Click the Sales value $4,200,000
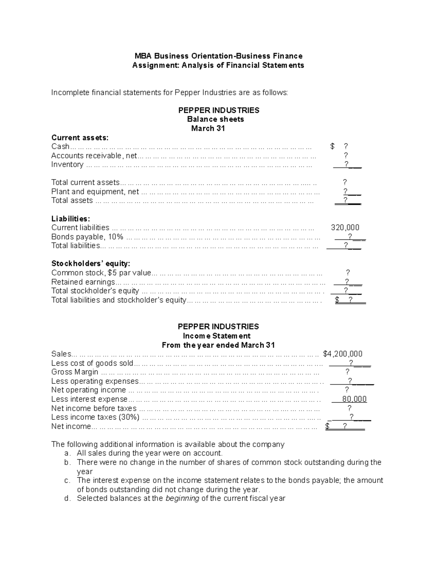(343, 354)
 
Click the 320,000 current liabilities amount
(345, 228)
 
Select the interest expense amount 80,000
(354, 399)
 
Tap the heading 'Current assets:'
(80, 138)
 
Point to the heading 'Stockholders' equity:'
(91, 263)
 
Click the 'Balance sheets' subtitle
(216, 119)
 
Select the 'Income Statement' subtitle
(217, 336)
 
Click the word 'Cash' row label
(60, 147)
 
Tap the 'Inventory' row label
(67, 164)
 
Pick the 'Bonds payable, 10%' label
(87, 237)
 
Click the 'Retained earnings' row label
(83, 282)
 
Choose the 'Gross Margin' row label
(75, 372)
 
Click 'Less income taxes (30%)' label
(95, 417)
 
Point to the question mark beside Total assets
(345, 200)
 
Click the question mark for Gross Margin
(347, 372)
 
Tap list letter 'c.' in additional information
(67, 481)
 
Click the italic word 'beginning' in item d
(182, 498)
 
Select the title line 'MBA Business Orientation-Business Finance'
(219, 56)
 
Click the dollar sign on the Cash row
(332, 147)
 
